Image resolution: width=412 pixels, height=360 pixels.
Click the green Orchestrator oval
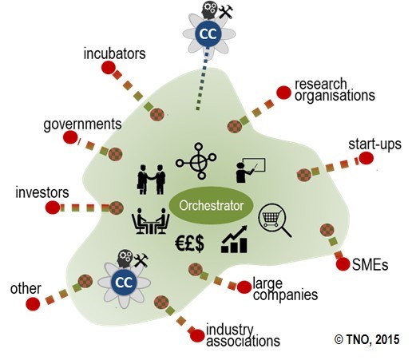pyautogui.click(x=212, y=205)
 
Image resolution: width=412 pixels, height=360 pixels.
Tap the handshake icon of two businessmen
pyautogui.click(x=152, y=180)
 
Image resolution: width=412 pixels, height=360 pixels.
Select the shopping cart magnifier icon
pyautogui.click(x=275, y=220)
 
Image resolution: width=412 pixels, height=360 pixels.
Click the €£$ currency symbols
pyautogui.click(x=189, y=243)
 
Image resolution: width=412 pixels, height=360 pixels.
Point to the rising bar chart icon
pyautogui.click(x=234, y=239)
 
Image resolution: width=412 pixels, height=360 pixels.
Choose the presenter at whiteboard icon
pyautogui.click(x=251, y=171)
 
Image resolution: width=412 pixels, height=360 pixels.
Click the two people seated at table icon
pyautogui.click(x=151, y=221)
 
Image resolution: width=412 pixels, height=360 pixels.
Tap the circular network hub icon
pyautogui.click(x=196, y=160)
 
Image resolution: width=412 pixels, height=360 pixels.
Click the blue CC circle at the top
pyautogui.click(x=208, y=34)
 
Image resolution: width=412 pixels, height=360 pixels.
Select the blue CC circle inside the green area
pyautogui.click(x=124, y=283)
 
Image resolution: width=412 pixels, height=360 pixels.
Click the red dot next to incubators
pyautogui.click(x=108, y=67)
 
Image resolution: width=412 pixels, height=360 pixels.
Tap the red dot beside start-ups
pyautogui.click(x=366, y=158)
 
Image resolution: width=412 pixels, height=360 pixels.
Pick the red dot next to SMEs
pyautogui.click(x=343, y=264)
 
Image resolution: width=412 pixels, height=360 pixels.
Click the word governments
pyautogui.click(x=82, y=125)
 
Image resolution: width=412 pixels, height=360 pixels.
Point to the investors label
pyautogui.click(x=42, y=192)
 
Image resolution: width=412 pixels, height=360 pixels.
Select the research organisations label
pyautogui.click(x=335, y=90)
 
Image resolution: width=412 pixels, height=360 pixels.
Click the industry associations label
pyautogui.click(x=243, y=336)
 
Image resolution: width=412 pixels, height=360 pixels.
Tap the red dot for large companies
pyautogui.click(x=244, y=287)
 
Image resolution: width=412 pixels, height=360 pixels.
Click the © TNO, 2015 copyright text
pyautogui.click(x=367, y=339)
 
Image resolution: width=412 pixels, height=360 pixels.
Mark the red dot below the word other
pyautogui.click(x=33, y=304)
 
